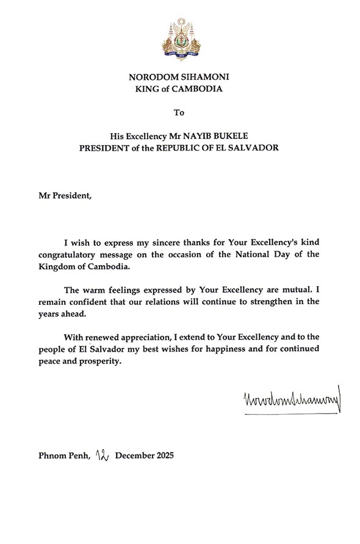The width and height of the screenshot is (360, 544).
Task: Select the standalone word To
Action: tap(179, 113)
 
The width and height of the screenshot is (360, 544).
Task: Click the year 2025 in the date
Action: tap(163, 456)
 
